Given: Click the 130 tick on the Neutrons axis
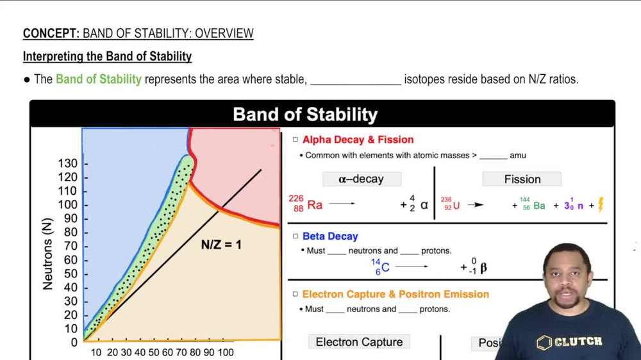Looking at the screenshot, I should coord(68,163).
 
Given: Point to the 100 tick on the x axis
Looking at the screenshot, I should coord(226,352).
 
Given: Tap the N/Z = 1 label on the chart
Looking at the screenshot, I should coord(221,245).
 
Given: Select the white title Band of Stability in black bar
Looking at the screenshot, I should coord(305,115).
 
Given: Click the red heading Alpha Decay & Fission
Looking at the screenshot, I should coord(358,140).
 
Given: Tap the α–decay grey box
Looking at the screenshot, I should coord(362,179).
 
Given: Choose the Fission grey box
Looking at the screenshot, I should coord(522,179).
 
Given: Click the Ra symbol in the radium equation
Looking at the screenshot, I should coord(315,205).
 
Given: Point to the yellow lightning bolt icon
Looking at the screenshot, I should coord(601,204).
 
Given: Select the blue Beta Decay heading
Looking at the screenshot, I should coord(330,236).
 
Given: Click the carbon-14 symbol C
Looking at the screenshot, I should coord(385,268).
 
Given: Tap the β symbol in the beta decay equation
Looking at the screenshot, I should coord(483,268).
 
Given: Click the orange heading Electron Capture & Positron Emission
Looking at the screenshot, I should coord(395,294).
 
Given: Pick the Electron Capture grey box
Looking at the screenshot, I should coord(359,342).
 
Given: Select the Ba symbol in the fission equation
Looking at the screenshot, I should coord(539,206).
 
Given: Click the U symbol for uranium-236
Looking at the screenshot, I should coord(456,206).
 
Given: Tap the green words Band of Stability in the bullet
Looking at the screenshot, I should coord(98,79).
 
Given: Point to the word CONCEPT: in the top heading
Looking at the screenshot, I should coord(51,33).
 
